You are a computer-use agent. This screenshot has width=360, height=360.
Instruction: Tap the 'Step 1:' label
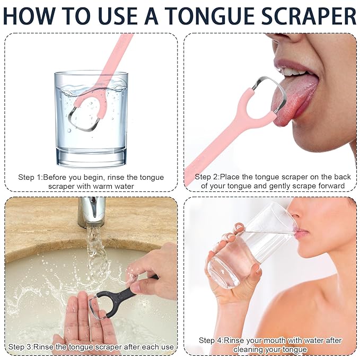(x=30, y=177)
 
